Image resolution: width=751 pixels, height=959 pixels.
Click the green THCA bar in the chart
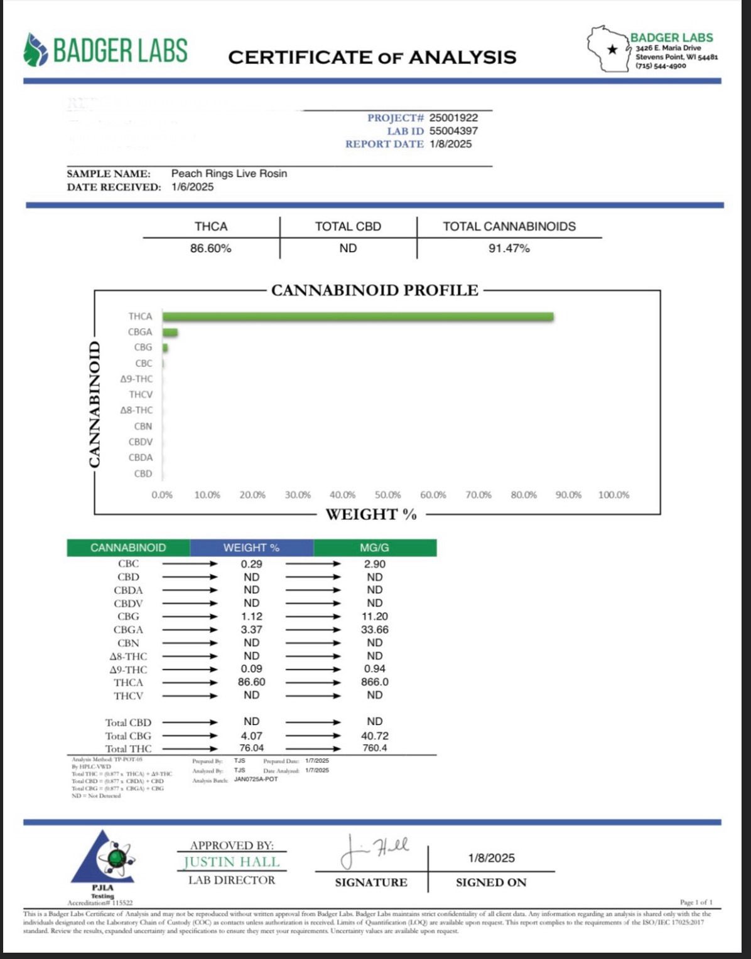[358, 317]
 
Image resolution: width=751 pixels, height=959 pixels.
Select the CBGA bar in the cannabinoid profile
[170, 332]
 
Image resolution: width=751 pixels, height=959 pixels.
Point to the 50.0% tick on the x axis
[387, 495]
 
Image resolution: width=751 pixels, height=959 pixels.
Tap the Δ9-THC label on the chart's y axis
[136, 379]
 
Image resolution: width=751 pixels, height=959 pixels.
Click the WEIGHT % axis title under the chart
[371, 514]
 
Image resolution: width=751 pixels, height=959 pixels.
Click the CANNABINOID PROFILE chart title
[374, 290]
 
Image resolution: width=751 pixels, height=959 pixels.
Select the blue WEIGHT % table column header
[251, 548]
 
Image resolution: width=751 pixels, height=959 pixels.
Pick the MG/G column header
[374, 548]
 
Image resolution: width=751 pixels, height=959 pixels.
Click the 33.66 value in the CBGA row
[374, 630]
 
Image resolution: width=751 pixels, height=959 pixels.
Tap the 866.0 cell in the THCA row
[374, 682]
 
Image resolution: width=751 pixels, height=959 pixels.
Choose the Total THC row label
[128, 749]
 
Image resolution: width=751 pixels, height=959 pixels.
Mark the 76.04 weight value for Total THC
[251, 748]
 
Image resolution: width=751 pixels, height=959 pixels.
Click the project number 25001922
[453, 118]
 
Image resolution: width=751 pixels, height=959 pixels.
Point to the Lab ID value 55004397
[453, 131]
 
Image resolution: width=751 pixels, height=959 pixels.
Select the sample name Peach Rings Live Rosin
[229, 174]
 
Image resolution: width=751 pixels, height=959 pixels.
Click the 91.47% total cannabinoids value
[509, 248]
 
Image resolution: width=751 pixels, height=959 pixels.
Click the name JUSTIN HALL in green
[232, 862]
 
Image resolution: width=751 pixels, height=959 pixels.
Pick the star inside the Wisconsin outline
[613, 49]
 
